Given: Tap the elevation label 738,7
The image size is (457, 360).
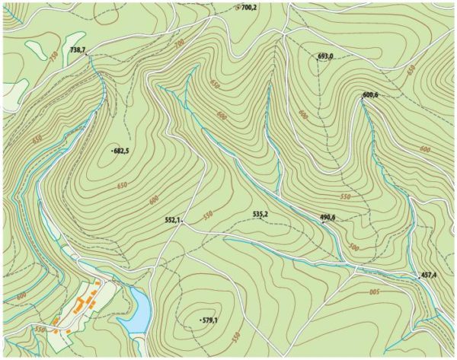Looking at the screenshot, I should [x=78, y=50].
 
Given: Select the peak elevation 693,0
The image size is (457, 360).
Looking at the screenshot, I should [x=327, y=56].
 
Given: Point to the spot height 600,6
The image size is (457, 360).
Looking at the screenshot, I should [x=372, y=94].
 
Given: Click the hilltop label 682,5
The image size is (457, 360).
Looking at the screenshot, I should [x=121, y=151].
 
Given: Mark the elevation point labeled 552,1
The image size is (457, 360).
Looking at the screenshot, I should [x=173, y=220].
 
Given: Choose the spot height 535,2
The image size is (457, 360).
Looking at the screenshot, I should [x=260, y=215].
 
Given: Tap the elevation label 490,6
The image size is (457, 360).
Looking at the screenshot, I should [x=328, y=218].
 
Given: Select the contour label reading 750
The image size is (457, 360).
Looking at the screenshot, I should [x=53, y=56].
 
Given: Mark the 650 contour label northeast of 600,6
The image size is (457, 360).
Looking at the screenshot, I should [x=411, y=70].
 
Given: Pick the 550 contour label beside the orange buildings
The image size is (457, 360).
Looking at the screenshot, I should [x=40, y=329].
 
